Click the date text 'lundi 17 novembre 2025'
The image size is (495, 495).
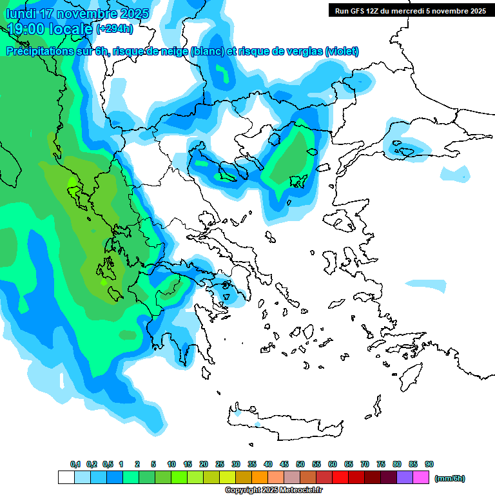pyautogui.click(x=77, y=14)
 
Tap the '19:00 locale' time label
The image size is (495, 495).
pyautogui.click(x=50, y=28)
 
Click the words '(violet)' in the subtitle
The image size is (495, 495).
pyautogui.click(x=342, y=52)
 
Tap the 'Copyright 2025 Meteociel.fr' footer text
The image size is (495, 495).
pyautogui.click(x=273, y=490)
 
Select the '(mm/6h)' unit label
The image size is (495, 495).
pyautogui.click(x=449, y=478)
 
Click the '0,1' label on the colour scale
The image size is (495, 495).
pyautogui.click(x=75, y=464)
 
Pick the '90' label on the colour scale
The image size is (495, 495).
pyautogui.click(x=429, y=464)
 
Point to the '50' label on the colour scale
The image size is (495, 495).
pyautogui.click(x=300, y=464)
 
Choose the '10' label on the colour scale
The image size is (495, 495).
pyautogui.click(x=171, y=464)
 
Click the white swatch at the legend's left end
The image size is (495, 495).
pyautogui.click(x=66, y=478)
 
